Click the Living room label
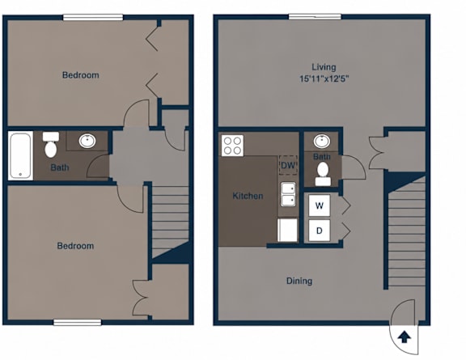click(324, 67)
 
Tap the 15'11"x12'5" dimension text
click(324, 78)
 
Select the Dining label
click(299, 281)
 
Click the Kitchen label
click(248, 196)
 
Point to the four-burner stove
click(232, 146)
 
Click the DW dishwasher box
click(288, 165)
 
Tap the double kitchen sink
click(288, 194)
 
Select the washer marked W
click(320, 205)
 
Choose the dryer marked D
click(320, 231)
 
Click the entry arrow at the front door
click(405, 337)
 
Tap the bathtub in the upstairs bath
click(20, 155)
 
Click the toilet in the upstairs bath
click(51, 145)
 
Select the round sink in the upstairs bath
click(87, 141)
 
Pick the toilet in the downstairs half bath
click(323, 174)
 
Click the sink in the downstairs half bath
click(322, 142)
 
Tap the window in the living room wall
click(315, 17)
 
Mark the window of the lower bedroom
click(78, 323)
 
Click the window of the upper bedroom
click(93, 17)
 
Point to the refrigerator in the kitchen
click(287, 230)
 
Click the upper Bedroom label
click(81, 75)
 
